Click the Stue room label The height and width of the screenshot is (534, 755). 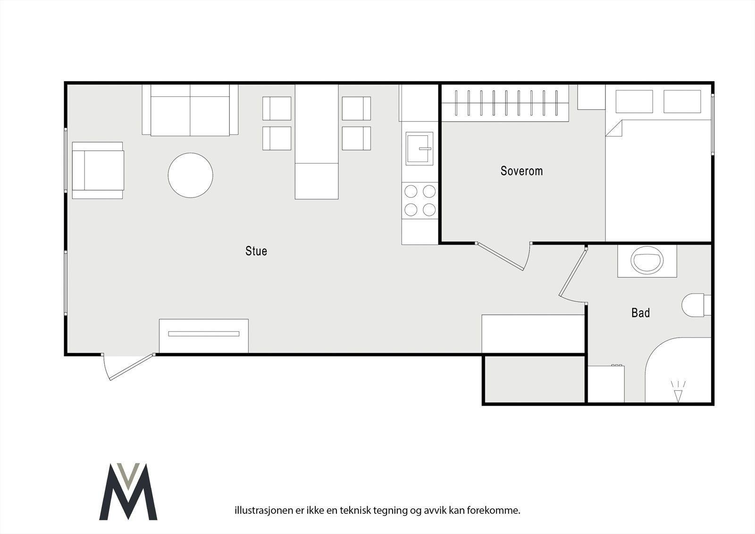[x=256, y=251]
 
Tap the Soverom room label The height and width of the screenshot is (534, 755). [x=521, y=171]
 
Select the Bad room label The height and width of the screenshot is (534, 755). [x=640, y=313]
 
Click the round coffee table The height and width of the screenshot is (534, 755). [x=190, y=175]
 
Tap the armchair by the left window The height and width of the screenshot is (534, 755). [x=98, y=170]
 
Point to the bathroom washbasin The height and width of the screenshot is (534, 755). [x=647, y=261]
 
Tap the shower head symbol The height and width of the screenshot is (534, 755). [x=678, y=392]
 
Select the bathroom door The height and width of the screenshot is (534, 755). [x=572, y=274]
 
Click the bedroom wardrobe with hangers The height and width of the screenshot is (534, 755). [x=505, y=103]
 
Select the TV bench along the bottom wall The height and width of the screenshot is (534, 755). [x=203, y=335]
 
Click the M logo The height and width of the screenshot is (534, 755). [x=128, y=491]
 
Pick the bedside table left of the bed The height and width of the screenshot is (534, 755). [x=591, y=97]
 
